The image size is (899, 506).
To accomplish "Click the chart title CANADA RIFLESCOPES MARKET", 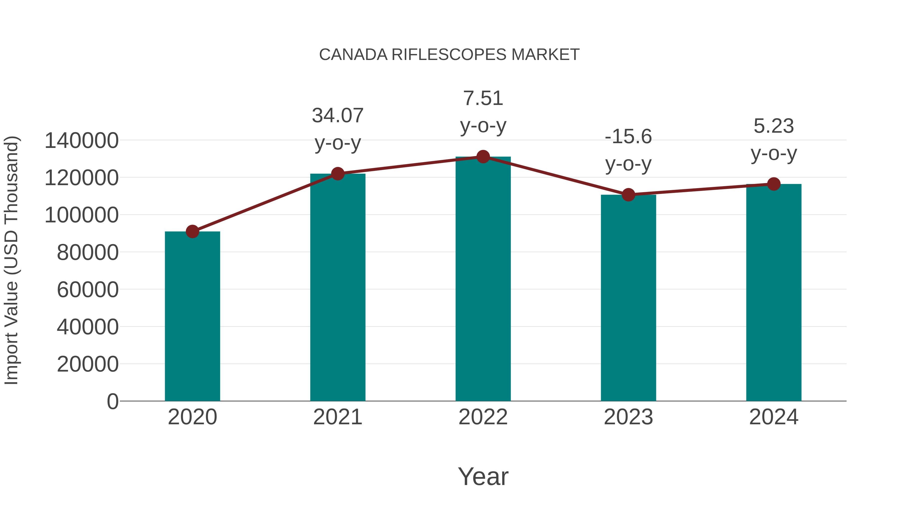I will point(449,55).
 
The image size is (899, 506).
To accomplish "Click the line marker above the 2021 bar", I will point(338,174).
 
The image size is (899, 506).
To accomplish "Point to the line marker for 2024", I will point(774,184).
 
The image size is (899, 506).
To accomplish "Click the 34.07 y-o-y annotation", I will point(338,129).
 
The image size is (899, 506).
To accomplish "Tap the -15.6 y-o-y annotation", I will point(628,150).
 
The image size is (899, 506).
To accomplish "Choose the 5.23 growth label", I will point(774,139).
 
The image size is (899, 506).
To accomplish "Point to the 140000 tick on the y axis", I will point(82,141).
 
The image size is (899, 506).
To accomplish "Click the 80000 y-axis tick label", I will point(88,252).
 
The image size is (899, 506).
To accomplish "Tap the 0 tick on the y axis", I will point(113,402).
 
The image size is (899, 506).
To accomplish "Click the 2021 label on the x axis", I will point(338,417).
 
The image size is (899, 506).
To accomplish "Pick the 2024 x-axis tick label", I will point(774,417).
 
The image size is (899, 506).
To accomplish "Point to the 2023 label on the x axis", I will point(628,417).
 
